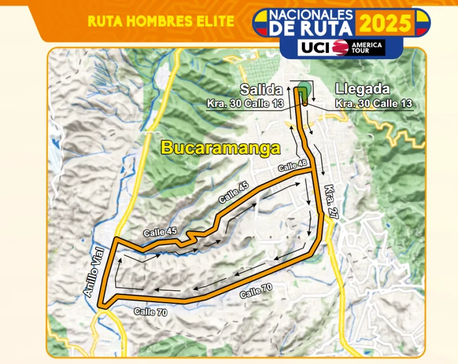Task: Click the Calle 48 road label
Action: point(293,166)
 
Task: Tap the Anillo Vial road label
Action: point(95,272)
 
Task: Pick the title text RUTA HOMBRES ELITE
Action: point(161,21)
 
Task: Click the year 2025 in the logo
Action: point(386,23)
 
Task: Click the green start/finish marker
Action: point(304,89)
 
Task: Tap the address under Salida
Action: point(245,103)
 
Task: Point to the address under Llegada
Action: point(374,103)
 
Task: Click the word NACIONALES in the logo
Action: point(311,14)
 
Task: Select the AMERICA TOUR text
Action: point(367,47)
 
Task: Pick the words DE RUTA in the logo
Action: point(311,29)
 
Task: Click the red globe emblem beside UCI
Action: point(340,47)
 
